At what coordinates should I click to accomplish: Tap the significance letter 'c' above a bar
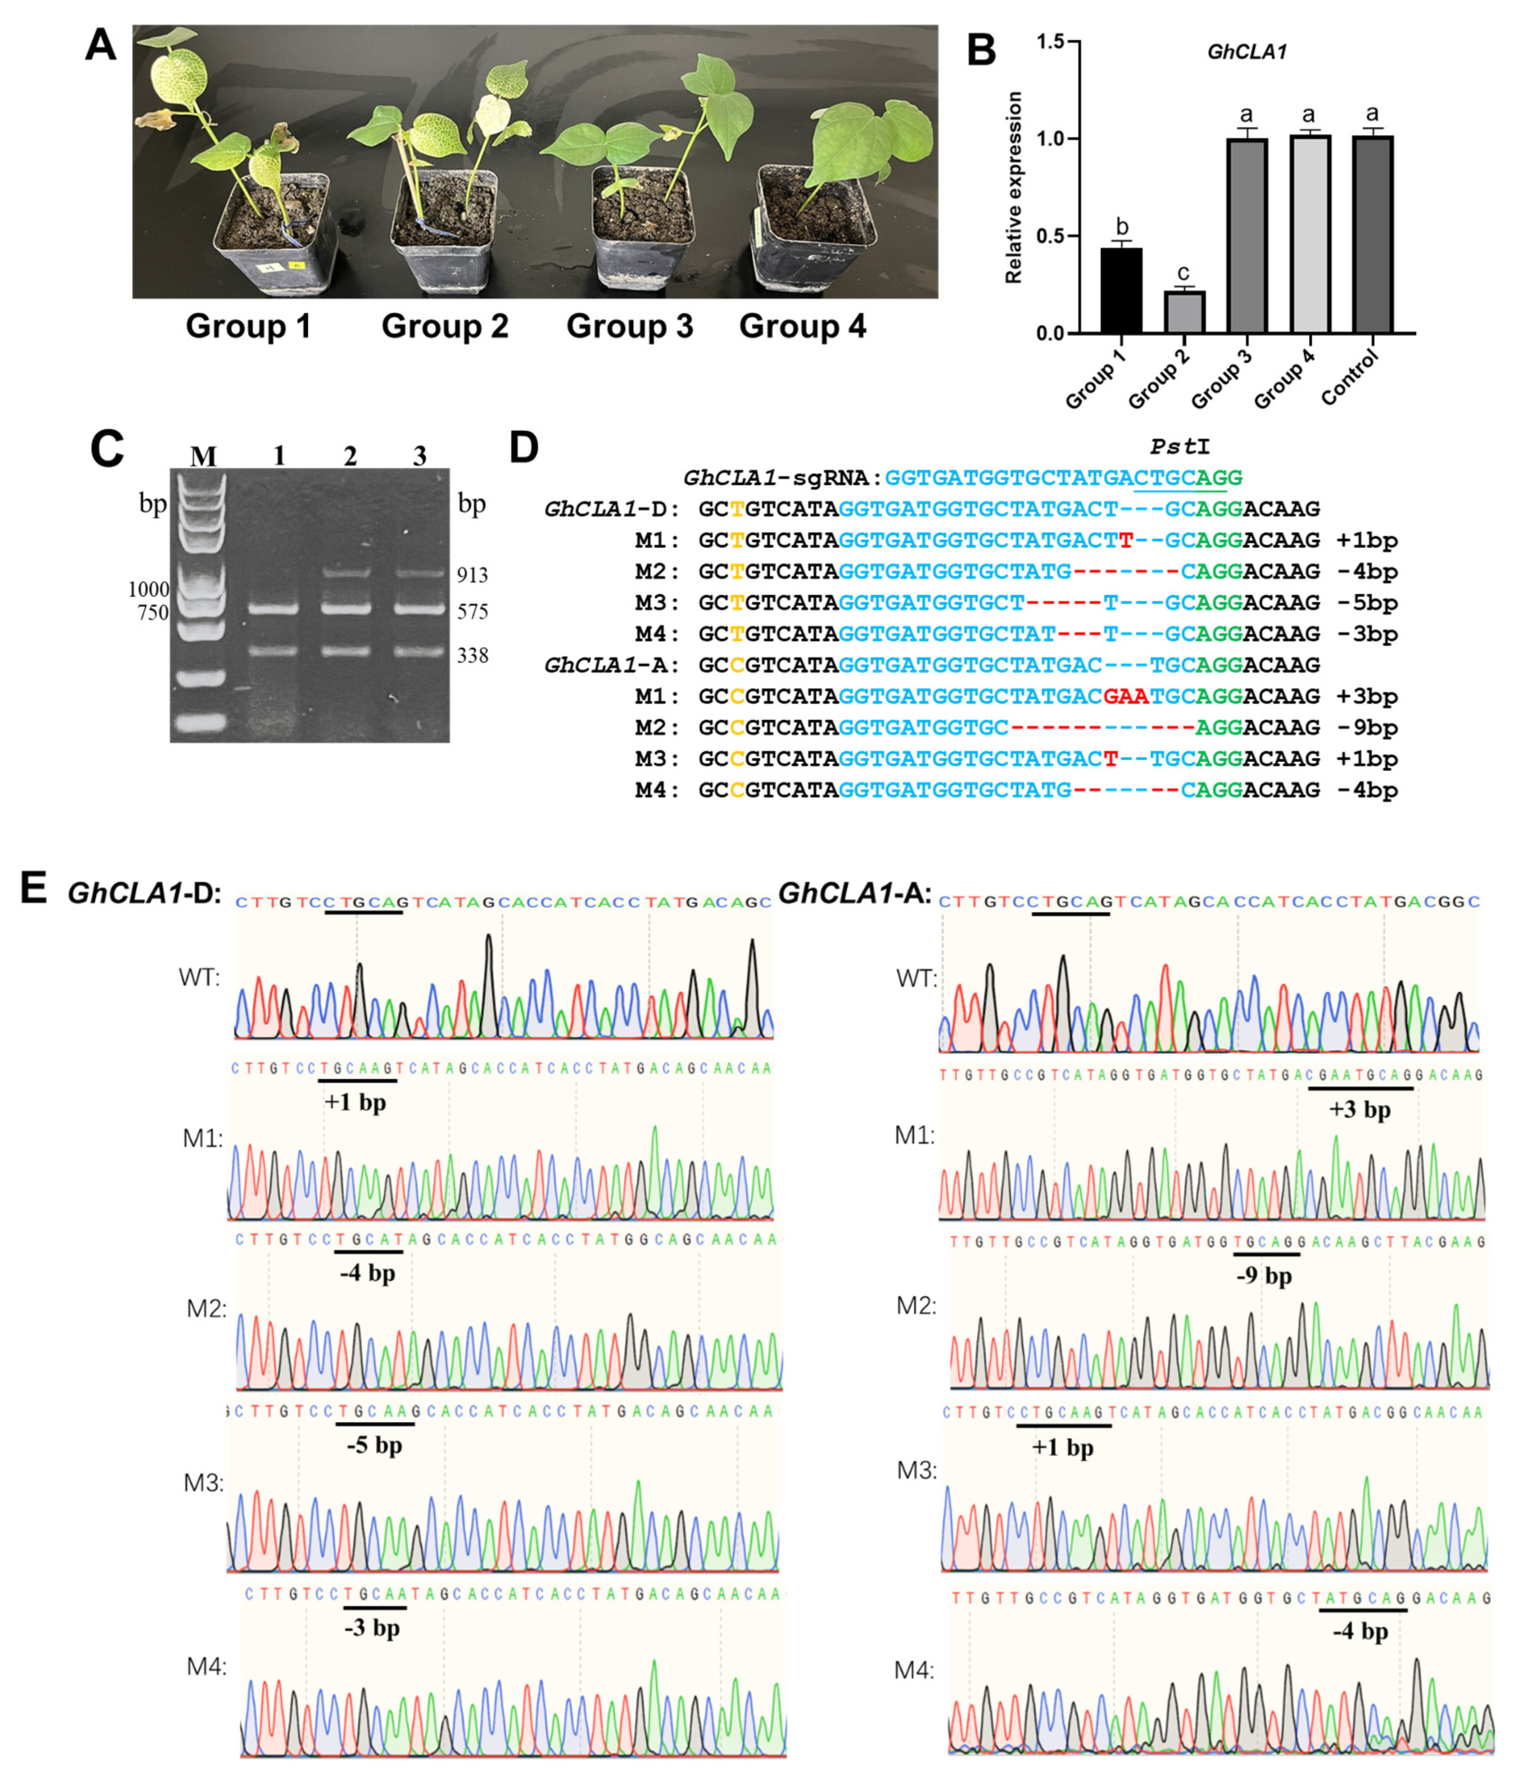1184,273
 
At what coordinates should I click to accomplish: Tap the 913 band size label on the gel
473,575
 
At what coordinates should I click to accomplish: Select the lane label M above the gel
203,456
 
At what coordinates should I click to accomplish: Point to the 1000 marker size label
148,589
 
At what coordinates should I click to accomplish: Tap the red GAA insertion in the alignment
1126,696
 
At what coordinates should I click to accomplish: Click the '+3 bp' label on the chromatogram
1359,1109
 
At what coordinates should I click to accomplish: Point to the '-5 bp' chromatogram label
374,1445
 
